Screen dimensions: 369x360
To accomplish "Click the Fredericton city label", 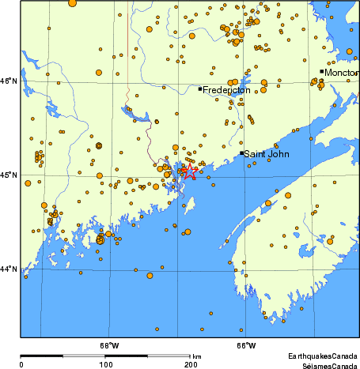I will point(226,91).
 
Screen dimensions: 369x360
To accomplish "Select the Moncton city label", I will point(342,73).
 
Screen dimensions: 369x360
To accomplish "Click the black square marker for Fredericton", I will point(200,89).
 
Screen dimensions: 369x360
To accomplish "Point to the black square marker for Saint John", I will point(241,152).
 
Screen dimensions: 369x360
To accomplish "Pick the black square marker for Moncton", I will point(321,71).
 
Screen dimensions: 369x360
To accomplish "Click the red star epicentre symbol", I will point(189,170).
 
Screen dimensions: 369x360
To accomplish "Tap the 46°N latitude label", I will point(8,81).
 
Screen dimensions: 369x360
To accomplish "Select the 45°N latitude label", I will point(8,175).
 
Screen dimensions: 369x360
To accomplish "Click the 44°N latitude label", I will point(8,269).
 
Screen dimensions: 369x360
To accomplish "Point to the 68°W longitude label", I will point(109,345).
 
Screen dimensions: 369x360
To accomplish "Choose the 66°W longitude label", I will point(246,345).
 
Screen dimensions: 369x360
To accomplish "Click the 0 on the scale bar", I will point(21,364).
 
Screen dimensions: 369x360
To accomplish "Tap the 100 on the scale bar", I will point(105,364).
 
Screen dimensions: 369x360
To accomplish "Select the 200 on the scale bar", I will point(191,364).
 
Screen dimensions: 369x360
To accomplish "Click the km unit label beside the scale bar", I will point(196,357).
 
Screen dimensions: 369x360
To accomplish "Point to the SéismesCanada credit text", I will point(324,365).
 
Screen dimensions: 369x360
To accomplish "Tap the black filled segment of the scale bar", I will point(63,356).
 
